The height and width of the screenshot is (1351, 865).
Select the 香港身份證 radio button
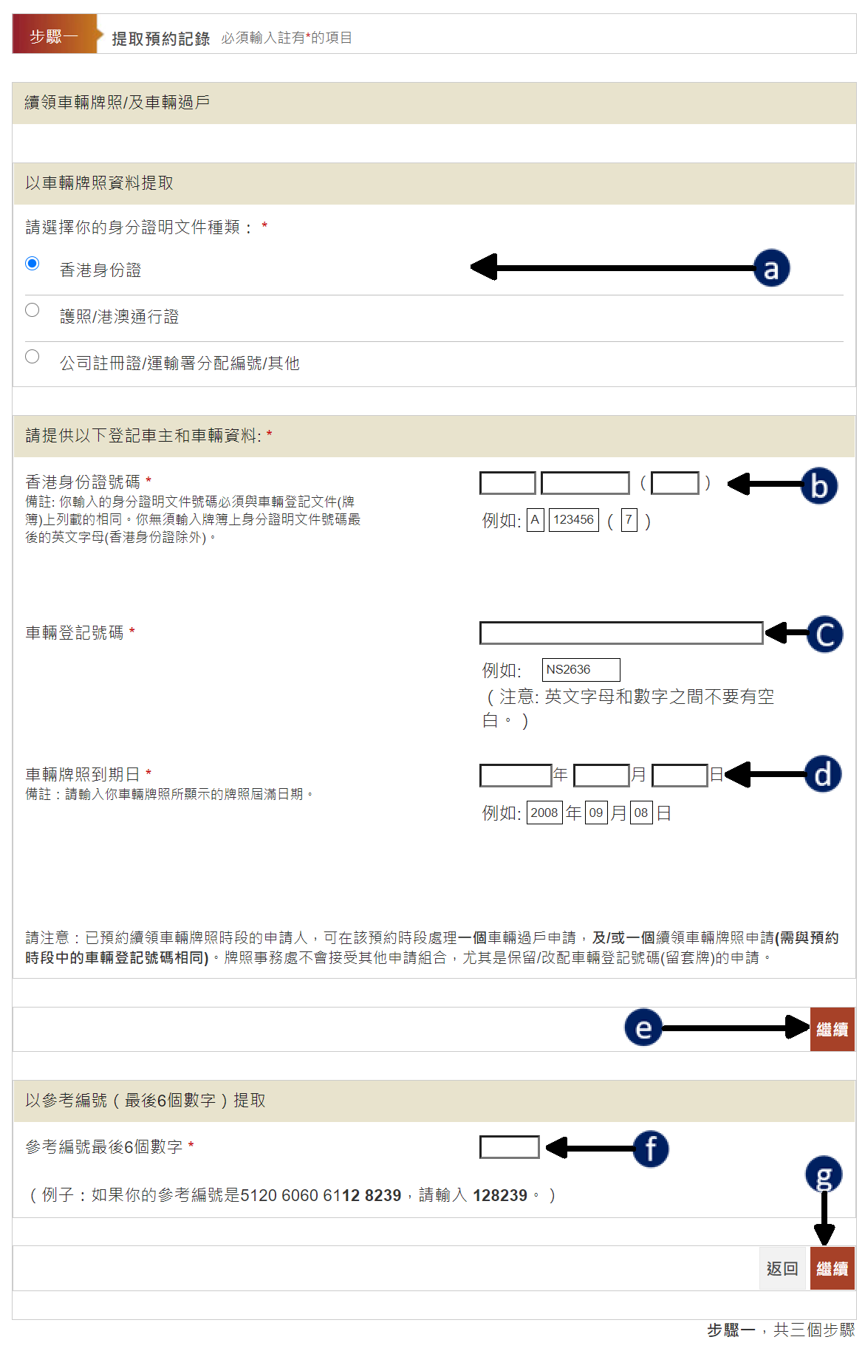(32, 264)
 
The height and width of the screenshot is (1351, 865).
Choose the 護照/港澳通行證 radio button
(32, 310)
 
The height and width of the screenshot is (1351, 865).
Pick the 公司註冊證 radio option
(32, 357)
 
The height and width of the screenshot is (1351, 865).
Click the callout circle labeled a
(771, 268)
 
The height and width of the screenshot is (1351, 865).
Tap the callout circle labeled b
(819, 485)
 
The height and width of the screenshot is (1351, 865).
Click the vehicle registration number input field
(621, 633)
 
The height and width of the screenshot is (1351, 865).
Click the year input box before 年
(516, 775)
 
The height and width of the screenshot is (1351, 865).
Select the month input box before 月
(601, 775)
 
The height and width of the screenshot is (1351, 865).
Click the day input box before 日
(680, 775)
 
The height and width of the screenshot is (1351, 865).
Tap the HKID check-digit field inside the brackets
(675, 483)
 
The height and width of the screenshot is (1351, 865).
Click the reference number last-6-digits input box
(510, 1147)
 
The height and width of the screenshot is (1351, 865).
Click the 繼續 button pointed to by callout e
(832, 1029)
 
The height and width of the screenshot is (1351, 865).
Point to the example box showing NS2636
(581, 669)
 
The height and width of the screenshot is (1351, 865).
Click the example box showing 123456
(574, 520)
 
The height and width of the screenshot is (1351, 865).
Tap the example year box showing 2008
(544, 813)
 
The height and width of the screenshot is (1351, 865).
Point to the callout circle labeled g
(824, 1174)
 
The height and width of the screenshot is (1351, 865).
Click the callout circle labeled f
(651, 1149)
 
